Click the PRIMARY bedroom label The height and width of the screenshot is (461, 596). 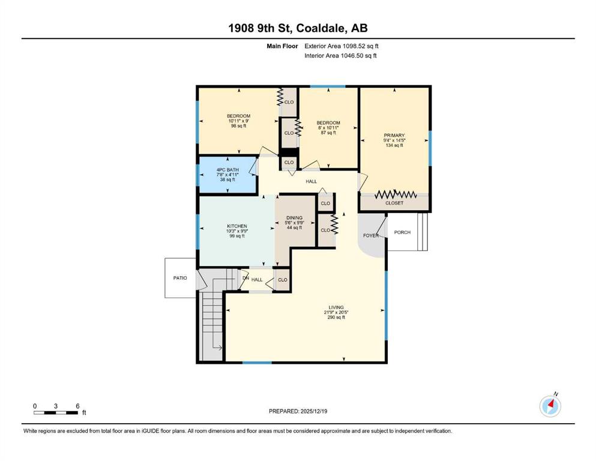pos(394,135)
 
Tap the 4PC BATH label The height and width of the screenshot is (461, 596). pos(227,170)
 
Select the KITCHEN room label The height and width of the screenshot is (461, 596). pos(237,226)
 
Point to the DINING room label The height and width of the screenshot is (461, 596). pos(295,218)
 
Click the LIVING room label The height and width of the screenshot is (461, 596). pos(336,307)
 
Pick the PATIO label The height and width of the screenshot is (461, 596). pos(180,278)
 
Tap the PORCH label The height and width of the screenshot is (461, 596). pos(402,232)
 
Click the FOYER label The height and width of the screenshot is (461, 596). pos(370,236)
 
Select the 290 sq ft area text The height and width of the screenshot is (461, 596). pos(336,318)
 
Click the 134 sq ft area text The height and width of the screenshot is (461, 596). pos(394,145)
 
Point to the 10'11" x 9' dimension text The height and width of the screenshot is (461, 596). pos(238,121)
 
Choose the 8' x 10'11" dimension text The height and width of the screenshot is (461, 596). pos(328,128)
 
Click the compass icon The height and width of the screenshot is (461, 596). pos(550,406)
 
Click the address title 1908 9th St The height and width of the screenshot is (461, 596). pos(260,28)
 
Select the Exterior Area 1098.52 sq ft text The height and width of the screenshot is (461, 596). pos(342,46)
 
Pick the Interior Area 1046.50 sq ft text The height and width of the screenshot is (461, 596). pos(340,55)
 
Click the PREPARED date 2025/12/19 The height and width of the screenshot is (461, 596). pos(313,411)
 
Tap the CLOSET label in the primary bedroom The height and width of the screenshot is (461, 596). pos(394,203)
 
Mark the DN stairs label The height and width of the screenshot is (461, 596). pos(245,278)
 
